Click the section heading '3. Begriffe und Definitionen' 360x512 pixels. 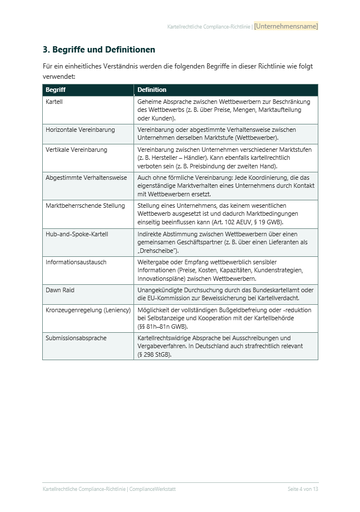coord(99,50)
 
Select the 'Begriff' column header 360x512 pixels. coord(55,90)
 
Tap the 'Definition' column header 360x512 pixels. coord(152,90)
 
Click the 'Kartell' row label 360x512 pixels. coord(54,102)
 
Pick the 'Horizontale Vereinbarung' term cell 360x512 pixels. coord(80,130)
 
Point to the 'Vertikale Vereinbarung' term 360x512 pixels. coord(76,150)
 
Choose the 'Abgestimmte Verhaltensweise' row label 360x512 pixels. coord(86,178)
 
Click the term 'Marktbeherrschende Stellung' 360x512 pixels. coord(85,205)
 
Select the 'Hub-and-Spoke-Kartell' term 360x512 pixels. coord(76,234)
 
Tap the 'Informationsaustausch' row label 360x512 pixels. coord(76,262)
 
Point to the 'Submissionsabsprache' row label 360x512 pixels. coord(76,338)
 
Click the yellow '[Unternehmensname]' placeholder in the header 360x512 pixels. coord(286,26)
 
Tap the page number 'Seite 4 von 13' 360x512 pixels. coord(302,489)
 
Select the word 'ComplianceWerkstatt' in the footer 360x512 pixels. coord(153,489)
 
